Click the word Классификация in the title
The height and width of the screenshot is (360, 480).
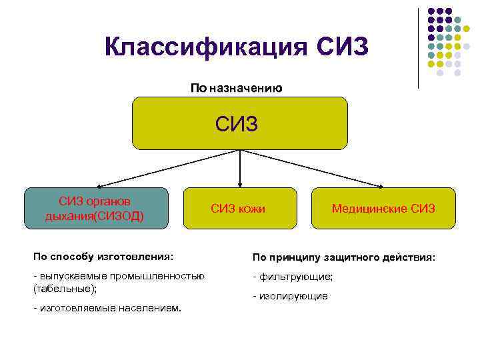pos(206,47)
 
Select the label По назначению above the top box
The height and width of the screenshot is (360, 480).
pos(237,88)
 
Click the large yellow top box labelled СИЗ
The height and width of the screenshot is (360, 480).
pos(240,123)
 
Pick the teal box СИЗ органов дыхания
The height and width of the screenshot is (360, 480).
pos(95,209)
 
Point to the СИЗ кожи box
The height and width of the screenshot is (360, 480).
pos(238,209)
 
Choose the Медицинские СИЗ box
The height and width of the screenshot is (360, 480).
pos(383,209)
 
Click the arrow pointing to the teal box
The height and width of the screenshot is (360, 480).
pos(167,169)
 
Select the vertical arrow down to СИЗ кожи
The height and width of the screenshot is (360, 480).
pos(239,168)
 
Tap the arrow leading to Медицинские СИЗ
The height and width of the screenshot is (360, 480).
pos(313,169)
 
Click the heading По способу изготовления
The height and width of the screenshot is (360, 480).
pos(103,256)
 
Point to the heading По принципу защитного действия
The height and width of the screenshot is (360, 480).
pos(343,257)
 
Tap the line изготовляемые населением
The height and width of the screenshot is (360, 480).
pos(107,307)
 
